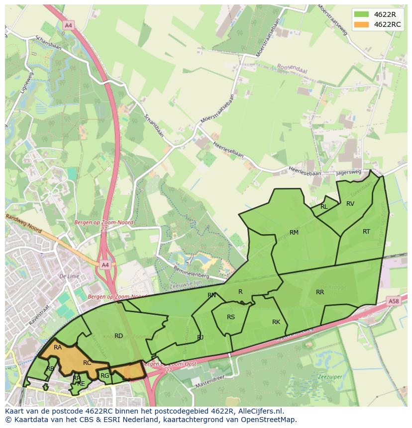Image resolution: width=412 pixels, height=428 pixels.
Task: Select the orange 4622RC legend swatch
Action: [362, 24]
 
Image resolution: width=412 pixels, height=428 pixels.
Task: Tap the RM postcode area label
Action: [294, 233]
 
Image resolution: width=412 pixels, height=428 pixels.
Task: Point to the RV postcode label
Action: [350, 204]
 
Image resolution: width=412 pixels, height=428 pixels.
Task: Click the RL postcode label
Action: [324, 207]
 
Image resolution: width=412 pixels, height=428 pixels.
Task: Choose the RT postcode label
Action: [366, 232]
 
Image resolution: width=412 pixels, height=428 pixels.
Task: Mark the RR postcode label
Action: [320, 292]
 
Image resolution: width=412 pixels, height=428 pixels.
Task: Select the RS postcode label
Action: [231, 317]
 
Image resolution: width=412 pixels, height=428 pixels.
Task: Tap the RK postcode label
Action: [276, 322]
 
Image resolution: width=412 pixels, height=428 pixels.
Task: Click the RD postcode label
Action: [118, 336]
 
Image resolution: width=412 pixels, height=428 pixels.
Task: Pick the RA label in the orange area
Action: [58, 347]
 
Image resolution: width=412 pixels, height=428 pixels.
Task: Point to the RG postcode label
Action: [104, 376]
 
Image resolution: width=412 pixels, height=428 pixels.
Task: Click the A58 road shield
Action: [394, 301]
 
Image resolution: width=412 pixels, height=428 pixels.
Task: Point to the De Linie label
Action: [69, 276]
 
